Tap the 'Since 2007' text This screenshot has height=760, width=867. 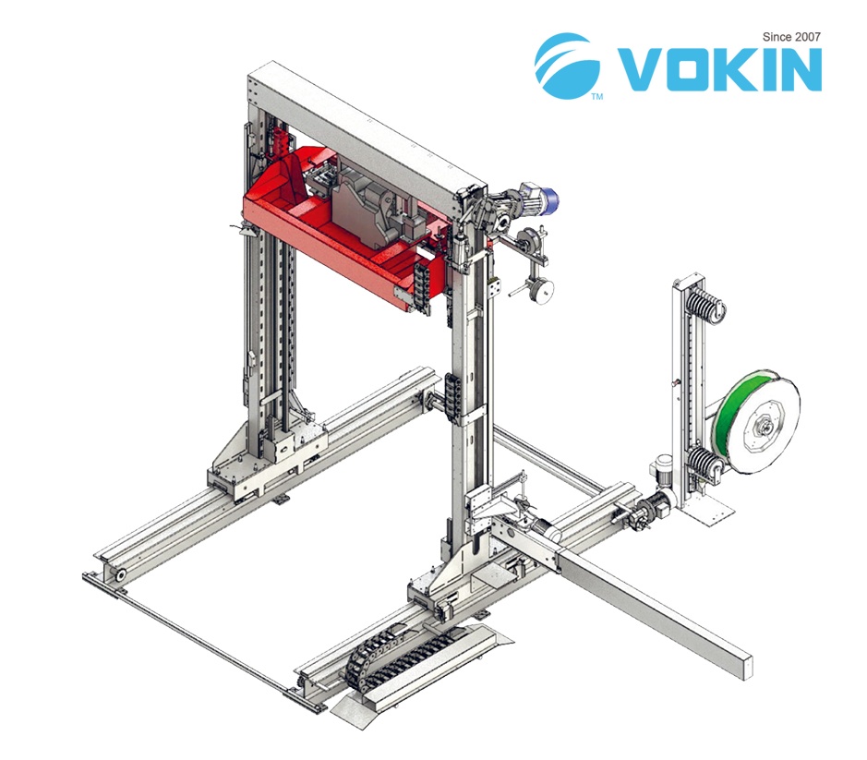(791, 37)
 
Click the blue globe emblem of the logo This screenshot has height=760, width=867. (567, 65)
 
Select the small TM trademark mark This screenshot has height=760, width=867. (597, 97)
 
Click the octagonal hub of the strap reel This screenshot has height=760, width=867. (765, 427)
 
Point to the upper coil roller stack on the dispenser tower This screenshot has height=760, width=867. (705, 306)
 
